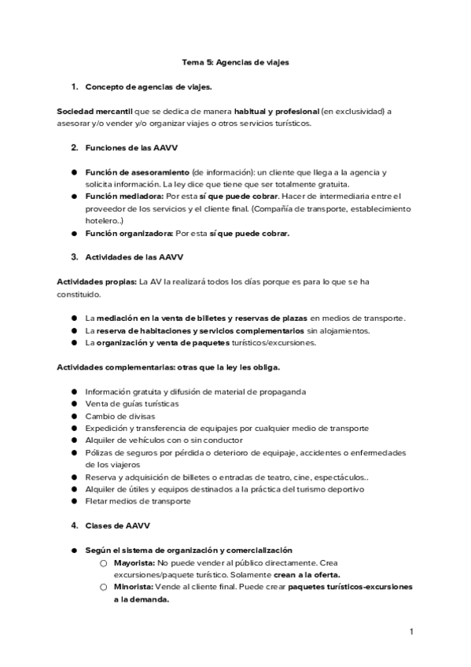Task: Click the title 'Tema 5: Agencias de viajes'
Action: coord(235,62)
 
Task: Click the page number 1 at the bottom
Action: coord(410,631)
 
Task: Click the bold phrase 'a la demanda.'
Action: coord(141,599)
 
